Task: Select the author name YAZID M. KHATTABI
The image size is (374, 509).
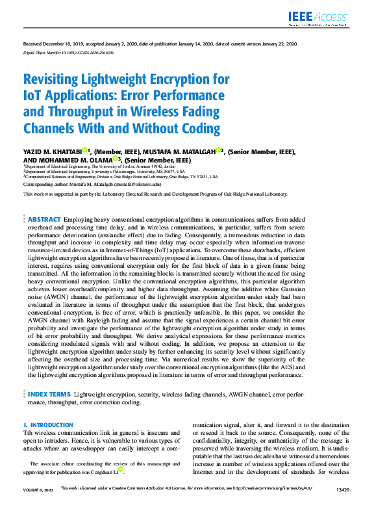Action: coord(52,151)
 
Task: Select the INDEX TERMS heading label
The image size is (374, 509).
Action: coord(49,394)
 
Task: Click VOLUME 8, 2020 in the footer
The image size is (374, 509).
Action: coord(37,488)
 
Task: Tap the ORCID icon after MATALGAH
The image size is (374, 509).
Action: coord(219,150)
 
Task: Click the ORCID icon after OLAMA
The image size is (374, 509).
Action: coord(116,158)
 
